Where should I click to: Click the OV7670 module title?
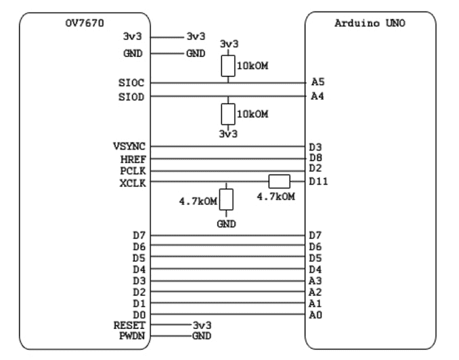pyautogui.click(x=85, y=23)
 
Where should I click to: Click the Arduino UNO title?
pyautogui.click(x=370, y=23)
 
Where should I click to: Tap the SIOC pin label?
pyautogui.click(x=131, y=83)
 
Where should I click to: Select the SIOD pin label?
pyautogui.click(x=131, y=97)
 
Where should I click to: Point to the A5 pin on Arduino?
pyautogui.click(x=318, y=82)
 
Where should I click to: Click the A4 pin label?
pyautogui.click(x=318, y=96)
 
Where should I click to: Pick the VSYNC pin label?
pyautogui.click(x=129, y=146)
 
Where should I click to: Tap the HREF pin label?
pyautogui.click(x=133, y=160)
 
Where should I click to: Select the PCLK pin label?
pyautogui.click(x=133, y=171)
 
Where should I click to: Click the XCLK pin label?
pyautogui.click(x=132, y=183)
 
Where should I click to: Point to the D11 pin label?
pyautogui.click(x=318, y=181)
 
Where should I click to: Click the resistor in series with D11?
pyautogui.click(x=280, y=181)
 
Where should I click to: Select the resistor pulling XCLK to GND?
pyautogui.click(x=226, y=200)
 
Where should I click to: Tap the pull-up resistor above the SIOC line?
pyautogui.click(x=228, y=66)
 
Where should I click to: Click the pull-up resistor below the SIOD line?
pyautogui.click(x=228, y=114)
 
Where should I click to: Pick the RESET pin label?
pyautogui.click(x=129, y=325)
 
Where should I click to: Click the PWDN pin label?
pyautogui.click(x=132, y=336)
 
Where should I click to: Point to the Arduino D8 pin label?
pyautogui.click(x=316, y=158)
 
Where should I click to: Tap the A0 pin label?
pyautogui.click(x=315, y=315)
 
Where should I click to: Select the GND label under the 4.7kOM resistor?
pyautogui.click(x=226, y=224)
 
